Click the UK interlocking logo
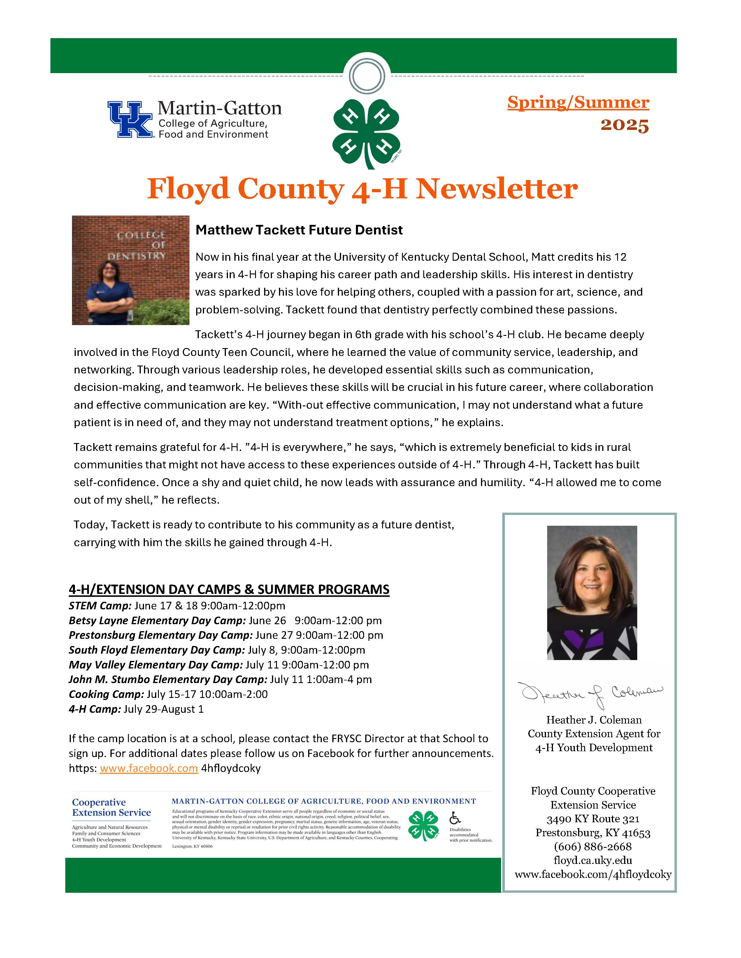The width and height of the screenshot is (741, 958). click(130, 119)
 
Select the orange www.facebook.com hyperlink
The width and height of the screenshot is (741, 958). click(149, 768)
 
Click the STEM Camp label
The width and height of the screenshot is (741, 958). click(100, 606)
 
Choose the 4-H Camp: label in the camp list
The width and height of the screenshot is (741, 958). click(94, 709)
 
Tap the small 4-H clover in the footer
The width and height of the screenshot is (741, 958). click(423, 825)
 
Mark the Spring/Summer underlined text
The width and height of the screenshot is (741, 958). click(578, 102)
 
